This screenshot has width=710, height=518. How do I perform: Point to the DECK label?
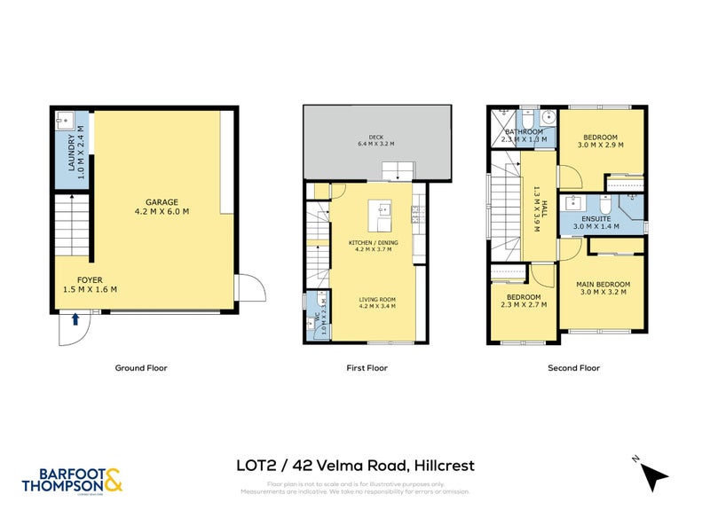(x=375, y=140)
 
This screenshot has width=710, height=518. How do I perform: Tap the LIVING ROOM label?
(x=377, y=302)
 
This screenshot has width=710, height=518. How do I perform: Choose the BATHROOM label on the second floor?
(x=523, y=136)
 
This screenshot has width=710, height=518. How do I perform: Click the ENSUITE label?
(x=593, y=222)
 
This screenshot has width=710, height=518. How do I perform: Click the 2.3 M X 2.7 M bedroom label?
(x=523, y=301)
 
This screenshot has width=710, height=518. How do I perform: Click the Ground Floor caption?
(x=141, y=367)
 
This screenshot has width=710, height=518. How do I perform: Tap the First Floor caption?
(x=367, y=367)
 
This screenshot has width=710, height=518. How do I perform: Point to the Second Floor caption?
(x=575, y=367)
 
